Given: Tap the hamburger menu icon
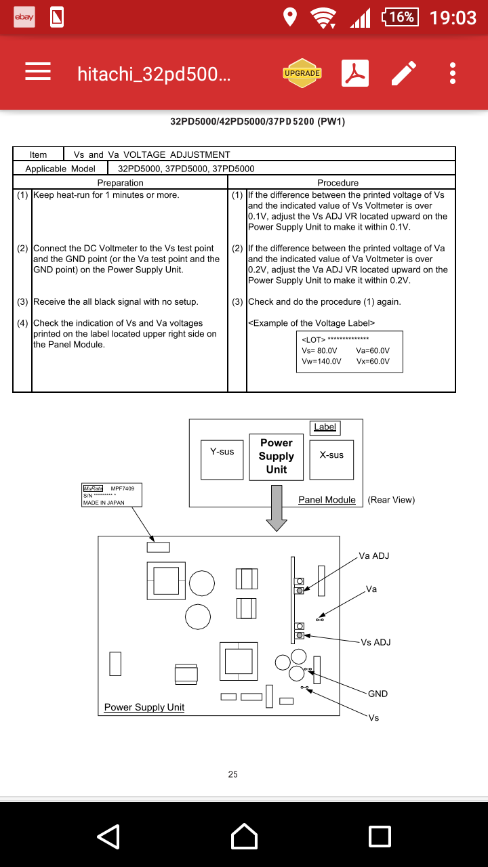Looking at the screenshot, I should [38, 72].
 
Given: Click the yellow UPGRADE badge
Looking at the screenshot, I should [302, 73].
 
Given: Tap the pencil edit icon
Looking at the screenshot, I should [404, 73].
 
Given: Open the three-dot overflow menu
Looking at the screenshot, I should [453, 73].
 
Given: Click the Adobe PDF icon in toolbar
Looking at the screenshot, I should [354, 73].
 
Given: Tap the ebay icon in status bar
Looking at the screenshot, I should [24, 17].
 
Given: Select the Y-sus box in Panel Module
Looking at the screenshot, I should [222, 460].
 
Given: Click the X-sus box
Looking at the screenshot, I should [331, 460].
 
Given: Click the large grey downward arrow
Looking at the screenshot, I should [277, 507].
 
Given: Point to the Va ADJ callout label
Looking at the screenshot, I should [374, 556].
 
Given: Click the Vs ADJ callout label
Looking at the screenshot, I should [375, 642].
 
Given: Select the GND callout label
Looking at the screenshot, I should [378, 694].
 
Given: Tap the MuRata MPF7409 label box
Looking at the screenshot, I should [113, 495].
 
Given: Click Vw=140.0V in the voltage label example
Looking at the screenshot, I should [321, 361].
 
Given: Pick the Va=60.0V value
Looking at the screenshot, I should [373, 350].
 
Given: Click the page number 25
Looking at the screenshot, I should [233, 774].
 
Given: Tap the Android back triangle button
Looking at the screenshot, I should [108, 837].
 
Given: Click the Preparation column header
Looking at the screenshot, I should [121, 183].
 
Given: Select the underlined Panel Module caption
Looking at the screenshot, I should [327, 500].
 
